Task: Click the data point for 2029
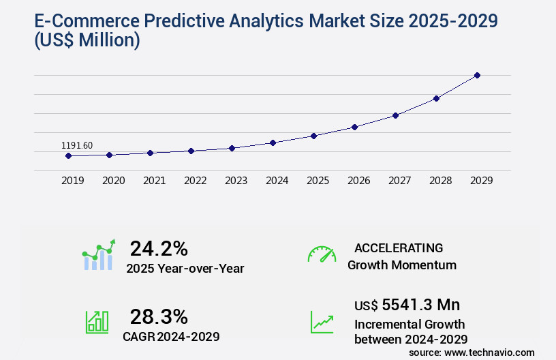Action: (x=477, y=75)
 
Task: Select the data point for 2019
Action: (x=68, y=155)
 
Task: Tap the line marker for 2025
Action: (x=313, y=136)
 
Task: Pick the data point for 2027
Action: (x=395, y=115)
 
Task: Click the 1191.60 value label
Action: (x=77, y=145)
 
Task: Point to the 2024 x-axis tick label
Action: (x=277, y=181)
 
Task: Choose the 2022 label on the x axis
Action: (x=195, y=181)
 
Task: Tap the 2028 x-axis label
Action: (x=440, y=181)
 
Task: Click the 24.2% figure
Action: (x=159, y=248)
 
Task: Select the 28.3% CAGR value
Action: (x=159, y=316)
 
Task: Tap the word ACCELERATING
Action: (x=399, y=247)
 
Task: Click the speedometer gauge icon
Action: (x=322, y=254)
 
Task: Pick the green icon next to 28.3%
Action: (x=97, y=322)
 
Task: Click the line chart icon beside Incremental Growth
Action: (x=322, y=322)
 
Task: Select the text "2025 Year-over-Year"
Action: (x=185, y=269)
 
